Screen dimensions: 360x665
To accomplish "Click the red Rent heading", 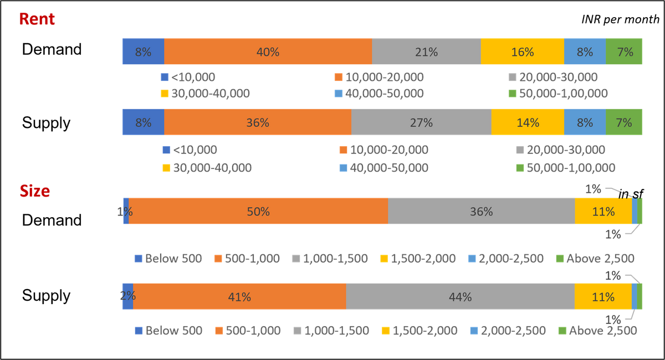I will (37, 19).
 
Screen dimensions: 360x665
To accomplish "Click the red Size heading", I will (34, 191).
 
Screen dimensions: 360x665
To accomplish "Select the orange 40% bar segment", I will (268, 52).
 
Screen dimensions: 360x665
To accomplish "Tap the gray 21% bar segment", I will (426, 52).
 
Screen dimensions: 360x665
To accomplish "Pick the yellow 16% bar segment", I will (522, 52).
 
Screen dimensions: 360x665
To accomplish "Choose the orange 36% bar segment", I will (257, 122).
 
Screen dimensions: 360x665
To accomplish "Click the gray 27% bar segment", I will (421, 122).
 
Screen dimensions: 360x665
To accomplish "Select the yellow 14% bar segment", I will (528, 122).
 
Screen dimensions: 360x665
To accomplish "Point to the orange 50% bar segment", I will (258, 211).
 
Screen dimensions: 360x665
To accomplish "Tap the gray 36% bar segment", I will (481, 211).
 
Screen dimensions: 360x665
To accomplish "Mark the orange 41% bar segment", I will (239, 297).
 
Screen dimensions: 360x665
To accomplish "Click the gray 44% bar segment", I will (460, 297).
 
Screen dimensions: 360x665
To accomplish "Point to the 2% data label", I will (127, 296).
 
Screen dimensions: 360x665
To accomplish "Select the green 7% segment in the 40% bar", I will (625, 52).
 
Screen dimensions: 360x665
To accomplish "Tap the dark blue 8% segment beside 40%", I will (143, 52).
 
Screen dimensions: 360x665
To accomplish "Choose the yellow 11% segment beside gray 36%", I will (603, 211).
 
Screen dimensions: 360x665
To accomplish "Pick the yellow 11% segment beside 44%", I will (603, 297).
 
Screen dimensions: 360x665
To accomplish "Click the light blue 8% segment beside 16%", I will (585, 52).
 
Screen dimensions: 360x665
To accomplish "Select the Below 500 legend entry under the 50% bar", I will (168, 259).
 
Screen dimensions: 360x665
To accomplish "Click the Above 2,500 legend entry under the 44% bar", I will (597, 331).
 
